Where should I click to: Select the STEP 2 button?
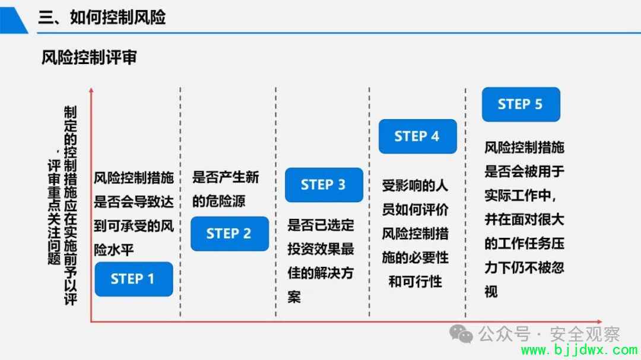click(230, 234)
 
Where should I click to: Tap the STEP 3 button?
click(324, 185)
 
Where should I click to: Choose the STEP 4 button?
click(417, 136)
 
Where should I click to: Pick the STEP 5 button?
click(521, 104)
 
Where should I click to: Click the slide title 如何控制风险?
click(118, 17)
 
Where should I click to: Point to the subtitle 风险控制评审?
click(88, 57)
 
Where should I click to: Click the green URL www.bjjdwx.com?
click(579, 350)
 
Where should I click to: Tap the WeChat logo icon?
click(461, 334)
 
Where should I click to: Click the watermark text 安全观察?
click(585, 334)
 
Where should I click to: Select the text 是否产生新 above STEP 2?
click(226, 177)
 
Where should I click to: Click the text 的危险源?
click(218, 201)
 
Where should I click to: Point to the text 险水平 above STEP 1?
click(113, 249)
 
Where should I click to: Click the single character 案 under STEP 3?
click(294, 297)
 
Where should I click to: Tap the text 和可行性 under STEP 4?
click(415, 281)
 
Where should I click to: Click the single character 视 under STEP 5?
click(491, 292)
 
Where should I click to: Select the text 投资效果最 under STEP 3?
click(320, 249)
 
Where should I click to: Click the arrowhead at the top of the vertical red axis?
click(91, 90)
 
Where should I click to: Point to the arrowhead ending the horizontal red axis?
click(599, 322)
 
